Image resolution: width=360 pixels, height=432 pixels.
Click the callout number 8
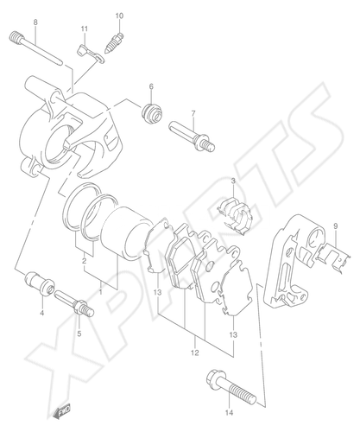pyautogui.click(x=35, y=22)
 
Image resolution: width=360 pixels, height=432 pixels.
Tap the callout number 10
pyautogui.click(x=119, y=16)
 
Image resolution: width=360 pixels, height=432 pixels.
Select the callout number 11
pyautogui.click(x=84, y=29)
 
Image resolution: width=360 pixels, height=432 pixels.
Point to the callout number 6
pyautogui.click(x=151, y=86)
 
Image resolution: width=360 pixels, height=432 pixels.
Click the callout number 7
pyautogui.click(x=193, y=113)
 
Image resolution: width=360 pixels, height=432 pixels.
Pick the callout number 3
pyautogui.click(x=233, y=181)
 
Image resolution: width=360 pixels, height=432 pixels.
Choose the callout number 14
pyautogui.click(x=229, y=413)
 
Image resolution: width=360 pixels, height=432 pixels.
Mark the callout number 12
pyautogui.click(x=195, y=353)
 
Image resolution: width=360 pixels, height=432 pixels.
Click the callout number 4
pyautogui.click(x=42, y=313)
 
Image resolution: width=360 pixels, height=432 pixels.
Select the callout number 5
pyautogui.click(x=79, y=334)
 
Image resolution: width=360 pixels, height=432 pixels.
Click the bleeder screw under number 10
pyautogui.click(x=116, y=42)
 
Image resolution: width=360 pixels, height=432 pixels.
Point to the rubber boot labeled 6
pyautogui.click(x=152, y=113)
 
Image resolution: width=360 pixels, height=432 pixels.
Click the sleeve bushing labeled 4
pyautogui.click(x=40, y=283)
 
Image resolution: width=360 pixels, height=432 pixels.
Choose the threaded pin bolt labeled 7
pyautogui.click(x=192, y=136)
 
